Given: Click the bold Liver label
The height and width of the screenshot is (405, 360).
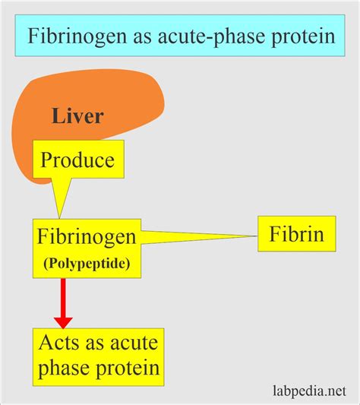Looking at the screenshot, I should (x=77, y=116).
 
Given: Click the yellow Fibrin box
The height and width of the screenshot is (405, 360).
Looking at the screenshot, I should (x=297, y=235).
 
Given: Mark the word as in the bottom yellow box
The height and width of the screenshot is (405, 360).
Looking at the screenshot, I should (x=97, y=346).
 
